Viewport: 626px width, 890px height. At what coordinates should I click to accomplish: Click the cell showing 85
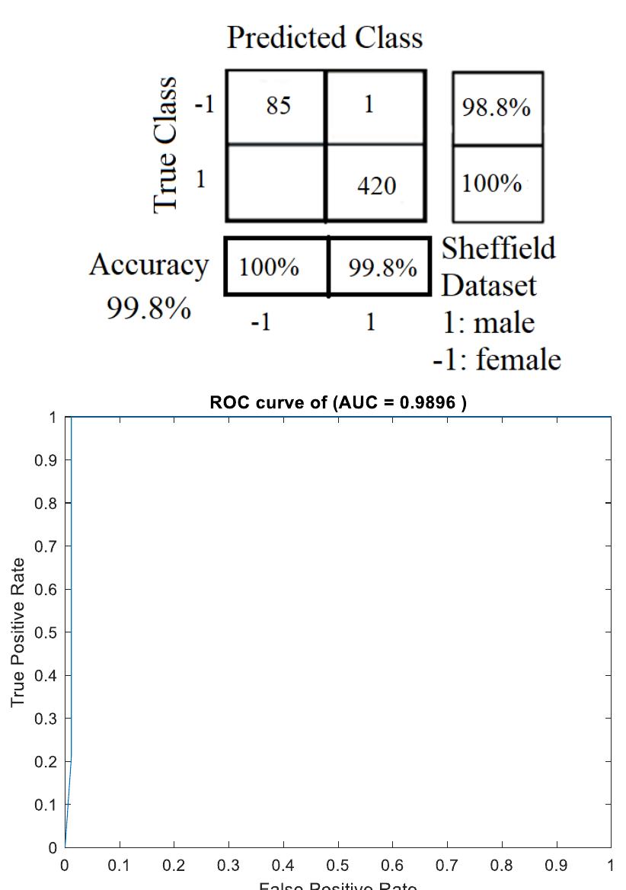(278, 106)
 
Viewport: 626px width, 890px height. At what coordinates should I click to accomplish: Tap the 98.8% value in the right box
(496, 108)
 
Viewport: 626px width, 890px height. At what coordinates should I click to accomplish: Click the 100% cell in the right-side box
(492, 184)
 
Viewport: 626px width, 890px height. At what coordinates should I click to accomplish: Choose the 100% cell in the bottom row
(269, 268)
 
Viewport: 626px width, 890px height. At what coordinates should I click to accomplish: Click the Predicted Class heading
(324, 37)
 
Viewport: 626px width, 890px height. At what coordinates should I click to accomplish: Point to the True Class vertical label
(167, 144)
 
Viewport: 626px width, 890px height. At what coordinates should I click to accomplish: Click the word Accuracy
(149, 265)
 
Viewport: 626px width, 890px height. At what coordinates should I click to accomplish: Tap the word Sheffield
(499, 249)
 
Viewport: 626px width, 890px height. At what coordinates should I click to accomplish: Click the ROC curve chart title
(337, 404)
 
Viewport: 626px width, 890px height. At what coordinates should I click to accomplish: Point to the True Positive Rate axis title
(19, 632)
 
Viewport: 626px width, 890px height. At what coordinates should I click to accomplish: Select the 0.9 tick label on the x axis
(556, 866)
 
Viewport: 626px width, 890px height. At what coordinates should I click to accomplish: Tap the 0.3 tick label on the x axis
(228, 866)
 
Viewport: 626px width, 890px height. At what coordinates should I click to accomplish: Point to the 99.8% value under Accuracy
(148, 309)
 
